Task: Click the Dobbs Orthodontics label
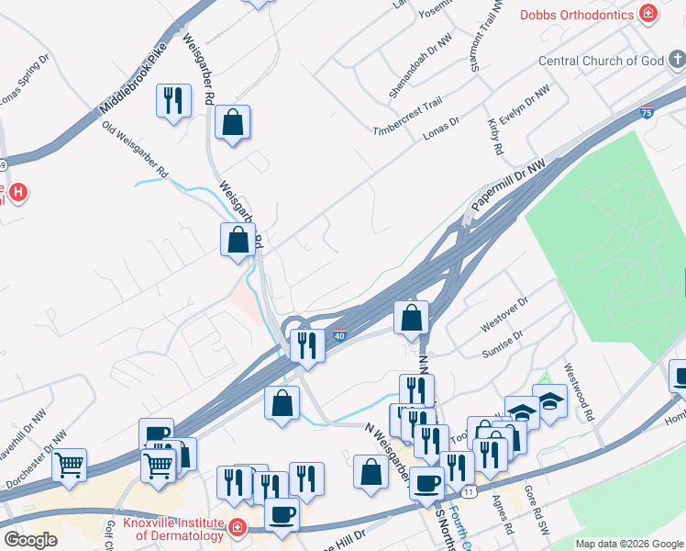578,15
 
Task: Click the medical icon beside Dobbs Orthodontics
648,14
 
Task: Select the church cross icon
676,62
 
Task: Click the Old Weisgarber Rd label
136,151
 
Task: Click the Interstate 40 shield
338,336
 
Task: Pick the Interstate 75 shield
647,113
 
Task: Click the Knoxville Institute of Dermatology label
166,528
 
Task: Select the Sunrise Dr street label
501,344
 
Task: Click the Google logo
30,540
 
